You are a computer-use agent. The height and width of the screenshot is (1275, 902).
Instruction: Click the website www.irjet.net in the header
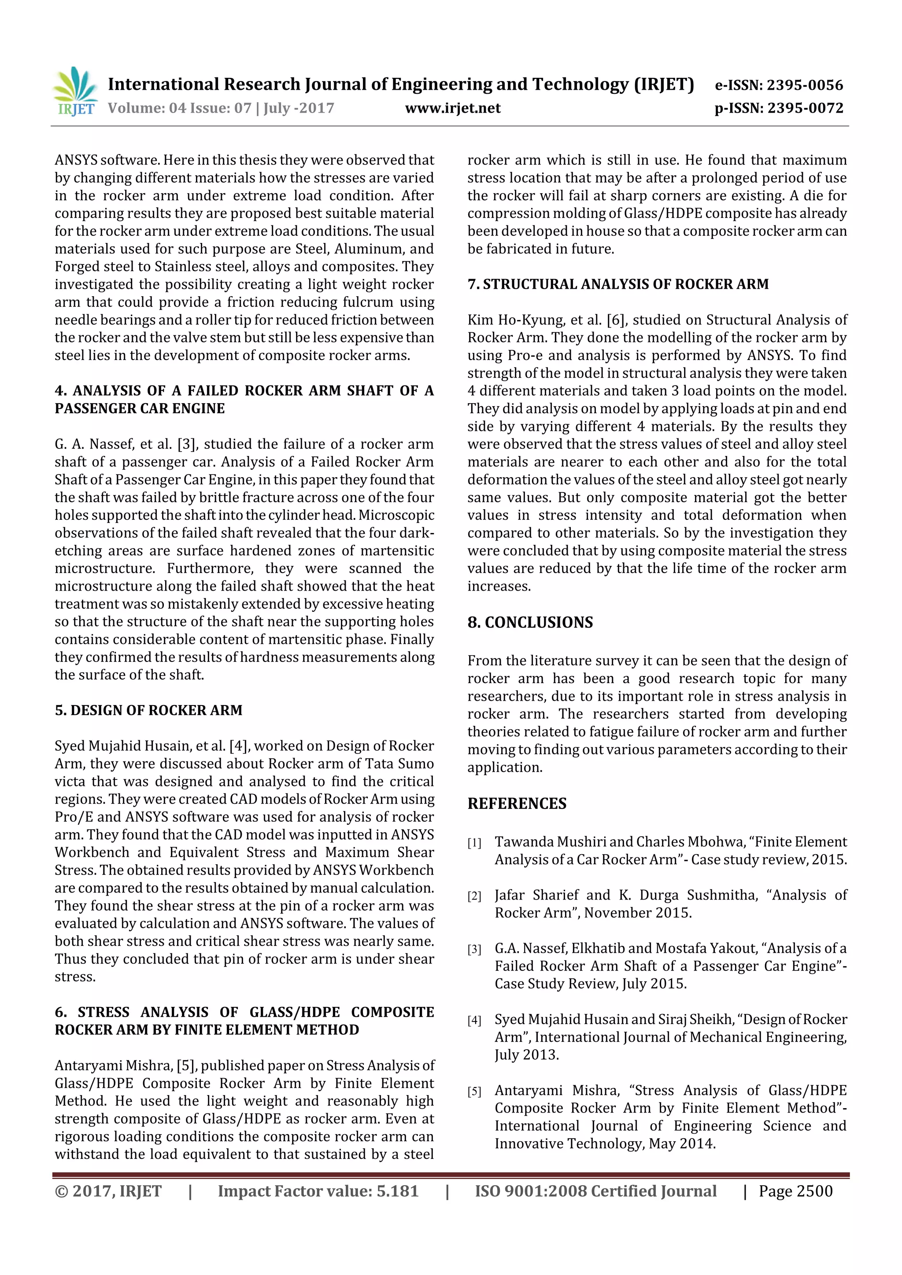452,108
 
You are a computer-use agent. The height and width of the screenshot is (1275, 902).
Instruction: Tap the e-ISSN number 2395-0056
805,85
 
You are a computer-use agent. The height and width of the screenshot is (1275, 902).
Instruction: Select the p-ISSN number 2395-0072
805,108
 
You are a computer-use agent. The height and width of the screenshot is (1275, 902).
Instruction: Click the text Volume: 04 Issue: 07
180,108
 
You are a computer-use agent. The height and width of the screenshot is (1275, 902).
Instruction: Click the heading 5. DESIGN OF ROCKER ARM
148,710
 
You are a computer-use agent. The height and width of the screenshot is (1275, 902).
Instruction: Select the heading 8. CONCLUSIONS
530,622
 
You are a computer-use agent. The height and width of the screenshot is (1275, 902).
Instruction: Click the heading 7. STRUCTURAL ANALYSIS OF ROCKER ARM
617,284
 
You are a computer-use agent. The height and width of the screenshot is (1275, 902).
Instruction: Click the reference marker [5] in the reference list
474,1092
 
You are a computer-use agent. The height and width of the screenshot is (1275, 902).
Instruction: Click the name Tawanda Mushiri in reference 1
550,842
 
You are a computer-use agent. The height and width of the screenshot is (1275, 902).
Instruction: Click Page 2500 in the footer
795,1191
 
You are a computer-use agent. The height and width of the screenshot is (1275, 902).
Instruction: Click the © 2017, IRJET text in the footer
108,1191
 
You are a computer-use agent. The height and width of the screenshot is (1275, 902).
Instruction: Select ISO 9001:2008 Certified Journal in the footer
595,1191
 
